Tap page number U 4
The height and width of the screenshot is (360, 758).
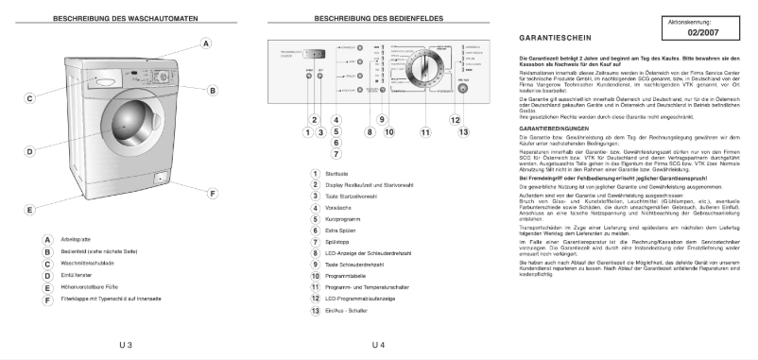tap(378, 343)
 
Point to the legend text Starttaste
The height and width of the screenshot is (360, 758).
tap(336, 173)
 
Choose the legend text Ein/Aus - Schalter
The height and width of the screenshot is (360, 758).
tap(347, 310)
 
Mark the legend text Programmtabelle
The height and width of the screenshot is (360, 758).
tap(345, 276)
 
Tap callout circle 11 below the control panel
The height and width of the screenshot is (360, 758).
tap(424, 132)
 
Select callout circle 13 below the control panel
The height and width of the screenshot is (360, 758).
tap(463, 132)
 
